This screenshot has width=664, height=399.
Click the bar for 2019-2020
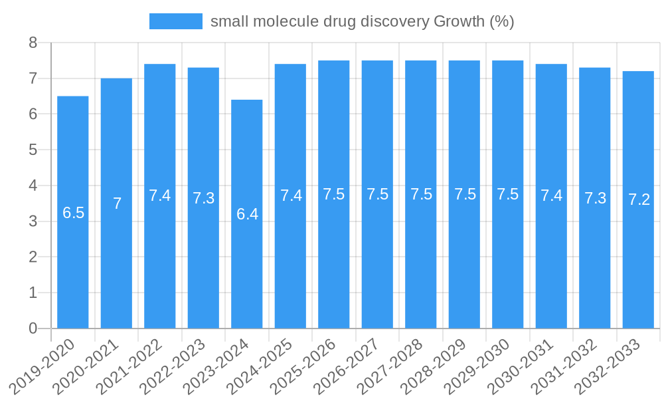click(73, 212)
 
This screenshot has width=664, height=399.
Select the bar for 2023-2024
click(247, 214)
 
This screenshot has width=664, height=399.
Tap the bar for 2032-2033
click(638, 199)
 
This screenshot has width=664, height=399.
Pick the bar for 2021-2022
click(160, 196)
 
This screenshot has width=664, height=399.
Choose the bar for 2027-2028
click(421, 194)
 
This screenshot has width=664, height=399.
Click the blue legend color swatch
click(176, 21)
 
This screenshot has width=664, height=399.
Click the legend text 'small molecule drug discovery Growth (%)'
click(362, 21)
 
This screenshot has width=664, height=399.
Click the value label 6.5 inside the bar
click(73, 213)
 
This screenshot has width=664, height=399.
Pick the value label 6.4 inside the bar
click(247, 215)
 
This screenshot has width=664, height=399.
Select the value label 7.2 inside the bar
click(639, 199)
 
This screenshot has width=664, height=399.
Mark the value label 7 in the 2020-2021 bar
click(117, 203)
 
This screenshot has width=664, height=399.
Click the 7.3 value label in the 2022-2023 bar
click(203, 198)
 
